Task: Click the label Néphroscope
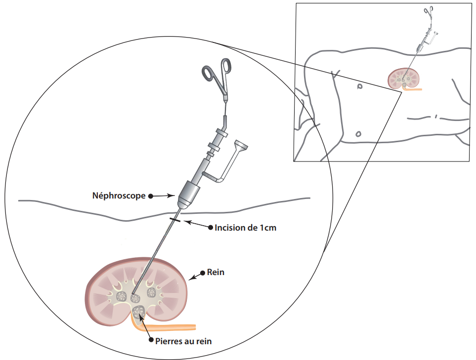point(119,196)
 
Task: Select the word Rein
point(216,272)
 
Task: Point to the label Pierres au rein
point(183,341)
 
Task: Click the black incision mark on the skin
point(175,219)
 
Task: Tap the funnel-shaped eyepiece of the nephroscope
point(241,147)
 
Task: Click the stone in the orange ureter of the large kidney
point(138,312)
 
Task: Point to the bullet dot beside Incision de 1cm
point(210,228)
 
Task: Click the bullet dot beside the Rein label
point(202,272)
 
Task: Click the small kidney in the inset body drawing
point(404,78)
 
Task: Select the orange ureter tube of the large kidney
point(168,327)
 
